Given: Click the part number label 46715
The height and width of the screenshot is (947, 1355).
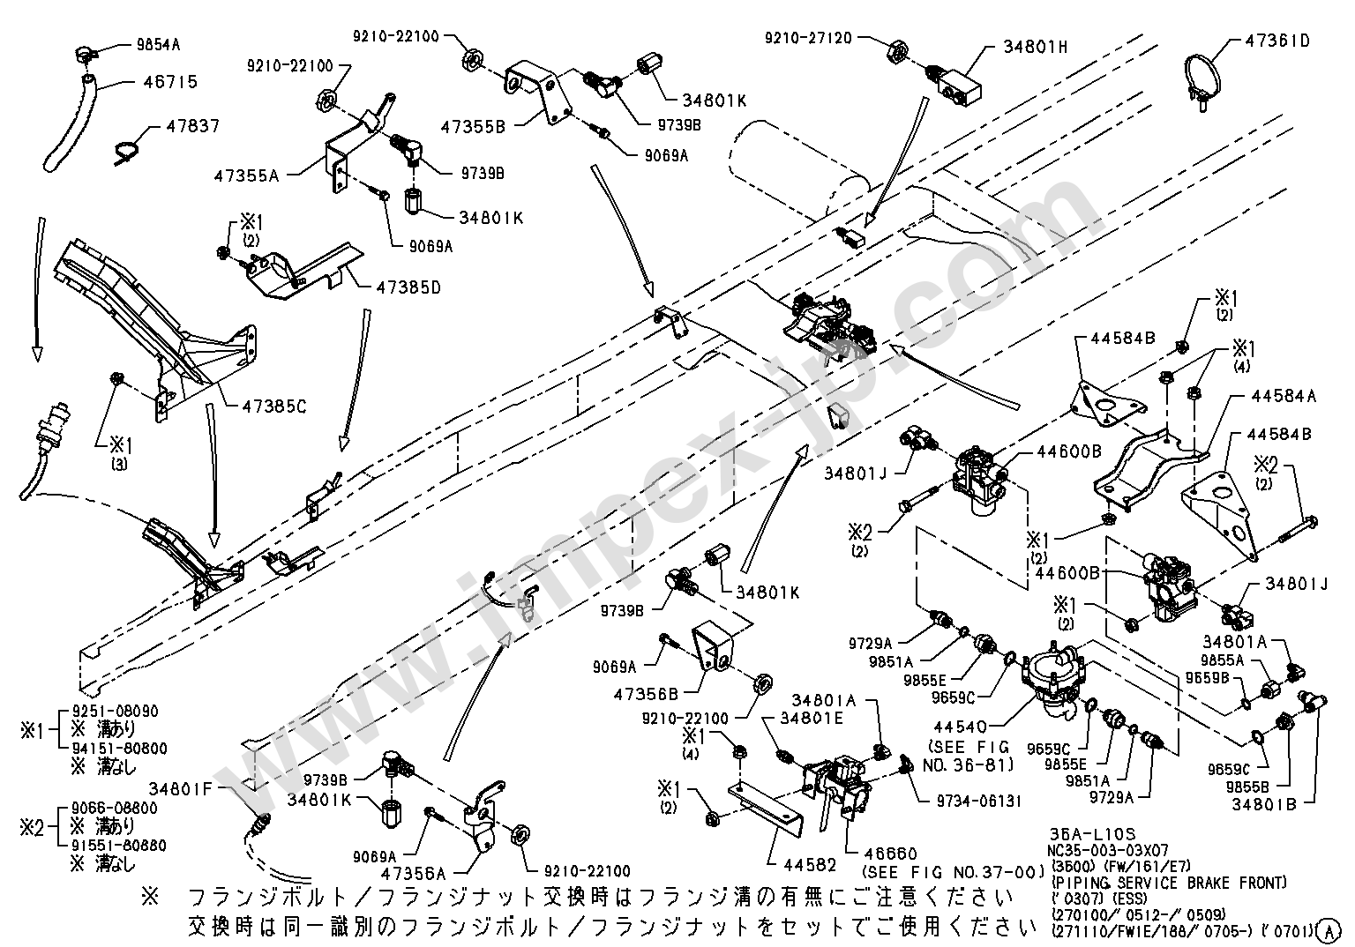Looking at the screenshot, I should point(170,82).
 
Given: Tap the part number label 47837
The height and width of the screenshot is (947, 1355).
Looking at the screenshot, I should point(193,126).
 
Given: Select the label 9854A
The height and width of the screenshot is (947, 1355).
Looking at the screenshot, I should point(164,42).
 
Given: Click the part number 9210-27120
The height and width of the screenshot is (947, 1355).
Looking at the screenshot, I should point(808,38).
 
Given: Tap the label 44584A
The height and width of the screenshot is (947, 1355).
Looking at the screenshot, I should point(1283,397).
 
